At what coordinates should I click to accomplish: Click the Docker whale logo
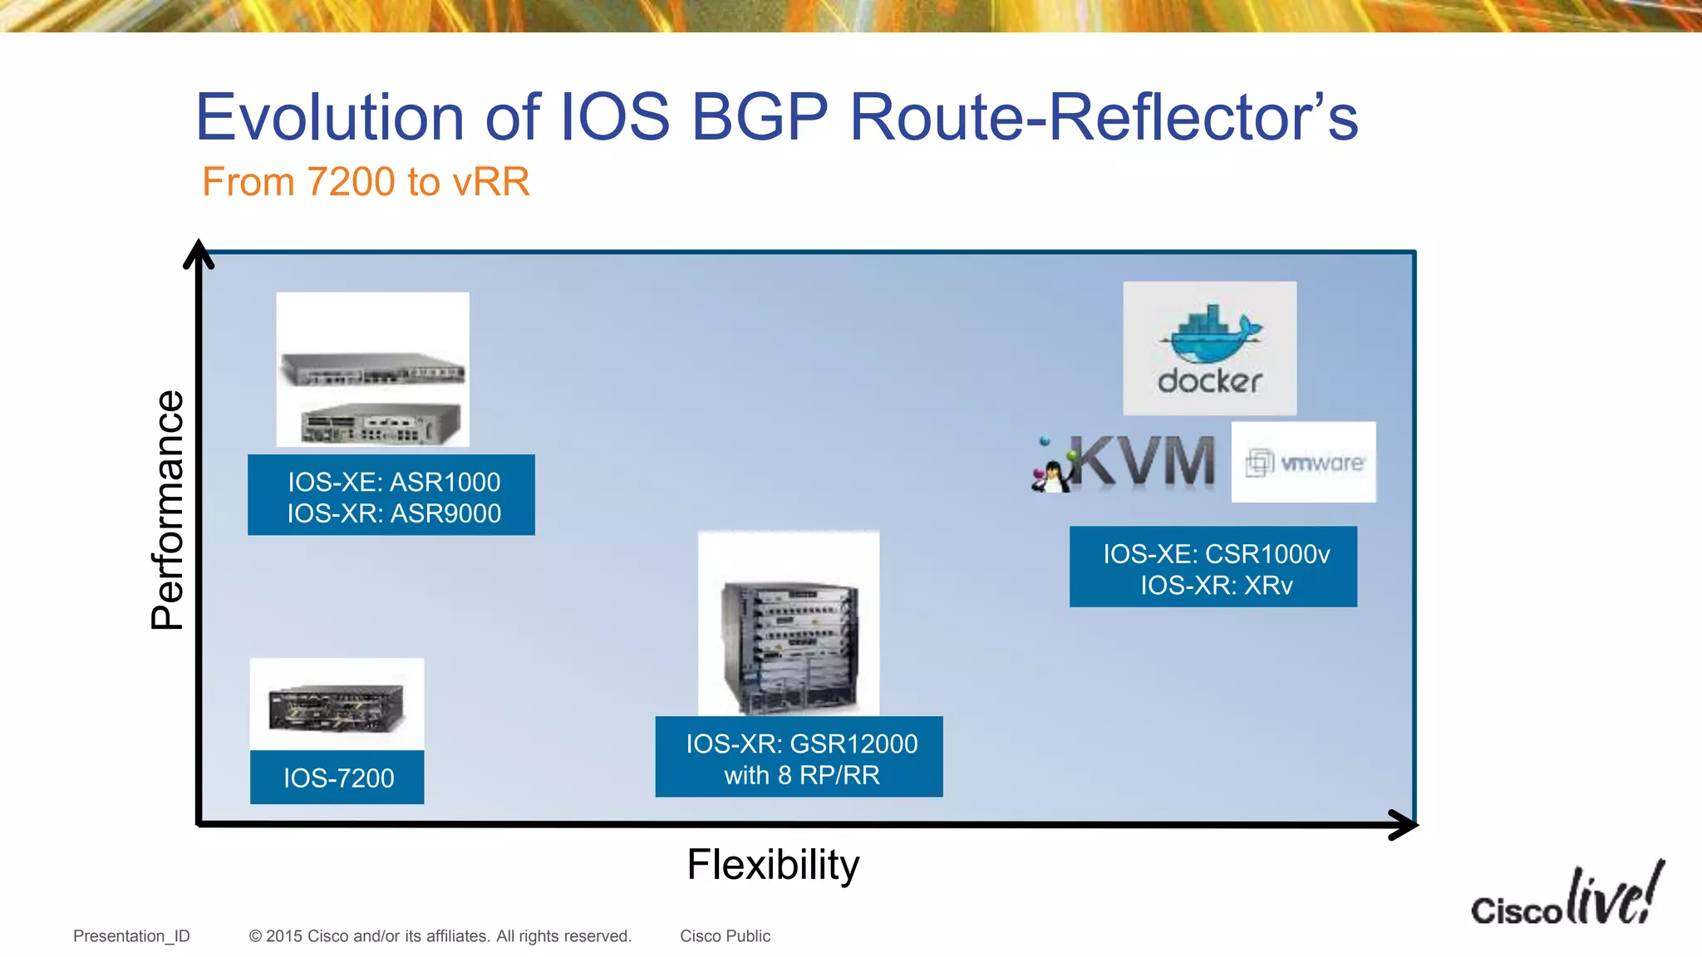pos(1209,348)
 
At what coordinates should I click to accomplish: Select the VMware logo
pos(1303,462)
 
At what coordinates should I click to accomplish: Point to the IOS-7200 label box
pos(337,778)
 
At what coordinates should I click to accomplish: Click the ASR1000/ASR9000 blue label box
pos(391,496)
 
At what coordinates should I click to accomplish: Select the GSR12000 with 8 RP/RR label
pos(799,758)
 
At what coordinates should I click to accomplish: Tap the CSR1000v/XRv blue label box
pos(1213,567)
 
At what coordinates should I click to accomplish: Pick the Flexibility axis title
pos(773,865)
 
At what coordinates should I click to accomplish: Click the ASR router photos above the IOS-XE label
pos(372,370)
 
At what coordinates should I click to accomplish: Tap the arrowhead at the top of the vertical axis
pos(199,253)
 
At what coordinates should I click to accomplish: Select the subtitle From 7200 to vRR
pos(366,182)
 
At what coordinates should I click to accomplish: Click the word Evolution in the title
pos(330,118)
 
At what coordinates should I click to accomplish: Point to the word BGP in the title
pos(760,118)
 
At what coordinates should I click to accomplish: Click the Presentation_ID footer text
pos(131,936)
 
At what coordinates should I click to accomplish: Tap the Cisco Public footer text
pos(725,936)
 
